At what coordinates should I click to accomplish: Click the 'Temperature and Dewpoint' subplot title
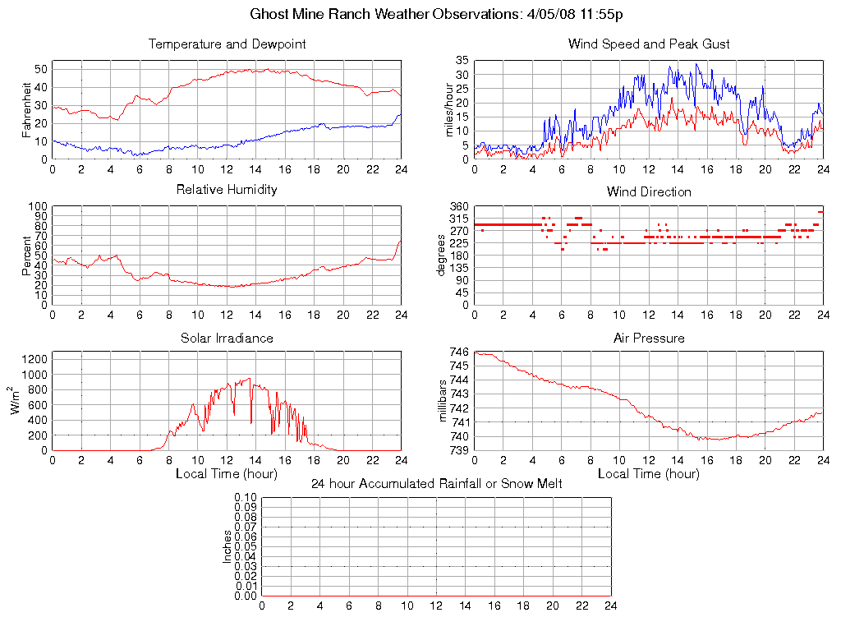pos(227,44)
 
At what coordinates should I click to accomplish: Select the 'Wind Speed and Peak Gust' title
pos(649,44)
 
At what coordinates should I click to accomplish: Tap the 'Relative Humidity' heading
pos(227,190)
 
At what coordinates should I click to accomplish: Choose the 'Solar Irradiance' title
pos(227,338)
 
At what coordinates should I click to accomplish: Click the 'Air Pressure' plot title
pos(649,338)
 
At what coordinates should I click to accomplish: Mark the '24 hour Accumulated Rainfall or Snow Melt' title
pos(436,484)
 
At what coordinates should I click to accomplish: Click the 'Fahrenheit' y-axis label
pos(27,109)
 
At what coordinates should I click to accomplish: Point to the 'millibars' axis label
pos(445,401)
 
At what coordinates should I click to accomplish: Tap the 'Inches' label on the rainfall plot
pos(227,546)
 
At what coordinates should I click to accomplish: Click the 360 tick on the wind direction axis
pos(458,206)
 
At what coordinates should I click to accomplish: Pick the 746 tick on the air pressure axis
pos(458,352)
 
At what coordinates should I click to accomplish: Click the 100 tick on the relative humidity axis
pos(39,206)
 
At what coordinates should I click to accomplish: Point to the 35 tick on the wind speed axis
pos(462,61)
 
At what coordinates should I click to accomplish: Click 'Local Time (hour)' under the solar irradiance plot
pos(227,474)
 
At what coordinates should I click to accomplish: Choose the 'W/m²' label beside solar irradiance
pos(16,401)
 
